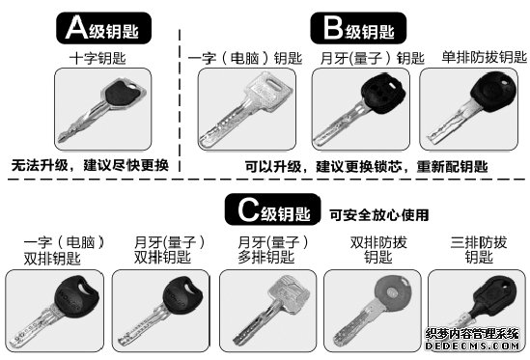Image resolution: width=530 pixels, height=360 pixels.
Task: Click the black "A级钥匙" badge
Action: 103,28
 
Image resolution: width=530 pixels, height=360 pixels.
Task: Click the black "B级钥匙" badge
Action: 358,28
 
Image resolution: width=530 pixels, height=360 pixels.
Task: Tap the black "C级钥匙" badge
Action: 273,209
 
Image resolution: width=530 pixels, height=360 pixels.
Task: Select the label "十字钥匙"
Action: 98,58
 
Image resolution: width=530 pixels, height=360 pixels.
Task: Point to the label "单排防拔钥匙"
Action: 485,57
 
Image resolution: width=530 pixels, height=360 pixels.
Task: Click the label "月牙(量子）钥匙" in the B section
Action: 372,58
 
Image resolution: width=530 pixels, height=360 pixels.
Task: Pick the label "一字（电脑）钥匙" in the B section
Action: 245,58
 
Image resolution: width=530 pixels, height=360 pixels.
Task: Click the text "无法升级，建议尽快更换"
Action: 90,165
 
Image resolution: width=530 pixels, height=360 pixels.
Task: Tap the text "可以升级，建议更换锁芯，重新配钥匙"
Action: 366,167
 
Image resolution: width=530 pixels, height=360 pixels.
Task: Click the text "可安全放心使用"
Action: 379,215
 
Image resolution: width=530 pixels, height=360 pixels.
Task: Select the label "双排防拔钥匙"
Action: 378,250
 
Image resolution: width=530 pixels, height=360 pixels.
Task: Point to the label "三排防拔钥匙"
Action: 479,250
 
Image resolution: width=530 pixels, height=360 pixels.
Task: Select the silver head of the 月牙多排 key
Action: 289,293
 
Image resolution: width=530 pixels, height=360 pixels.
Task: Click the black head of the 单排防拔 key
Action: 493,90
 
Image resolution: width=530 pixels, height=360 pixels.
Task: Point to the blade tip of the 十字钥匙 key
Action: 60,140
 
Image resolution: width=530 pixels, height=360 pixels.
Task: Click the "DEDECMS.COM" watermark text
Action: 472,346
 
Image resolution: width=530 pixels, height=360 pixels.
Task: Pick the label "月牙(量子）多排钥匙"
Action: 273,250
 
